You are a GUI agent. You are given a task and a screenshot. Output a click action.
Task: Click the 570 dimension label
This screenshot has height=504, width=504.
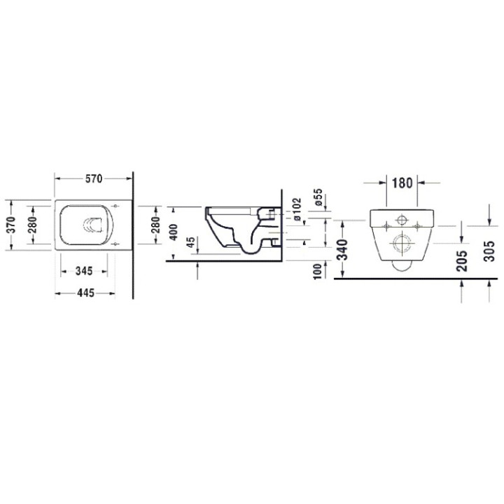coord(93,179)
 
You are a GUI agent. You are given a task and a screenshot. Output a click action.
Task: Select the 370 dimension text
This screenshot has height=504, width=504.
coord(10,223)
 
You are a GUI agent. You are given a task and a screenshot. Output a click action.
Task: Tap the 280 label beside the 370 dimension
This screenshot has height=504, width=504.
coord(31,223)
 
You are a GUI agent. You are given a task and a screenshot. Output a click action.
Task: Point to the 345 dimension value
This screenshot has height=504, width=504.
coord(87,269)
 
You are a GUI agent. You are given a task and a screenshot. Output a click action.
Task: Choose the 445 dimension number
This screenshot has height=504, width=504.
coord(85,293)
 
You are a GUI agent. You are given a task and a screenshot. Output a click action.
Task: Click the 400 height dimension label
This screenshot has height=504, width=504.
coord(174,231)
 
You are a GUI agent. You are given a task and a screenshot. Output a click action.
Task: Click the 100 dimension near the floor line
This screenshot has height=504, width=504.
coord(318,269)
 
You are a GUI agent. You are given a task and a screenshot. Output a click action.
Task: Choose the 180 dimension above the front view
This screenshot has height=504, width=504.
coord(402,184)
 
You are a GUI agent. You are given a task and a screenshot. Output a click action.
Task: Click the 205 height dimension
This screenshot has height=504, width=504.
coord(461,258)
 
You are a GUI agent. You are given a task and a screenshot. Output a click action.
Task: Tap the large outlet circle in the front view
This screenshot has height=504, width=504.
coord(402,243)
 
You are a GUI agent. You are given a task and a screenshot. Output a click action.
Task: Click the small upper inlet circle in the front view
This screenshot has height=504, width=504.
coord(402,219)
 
